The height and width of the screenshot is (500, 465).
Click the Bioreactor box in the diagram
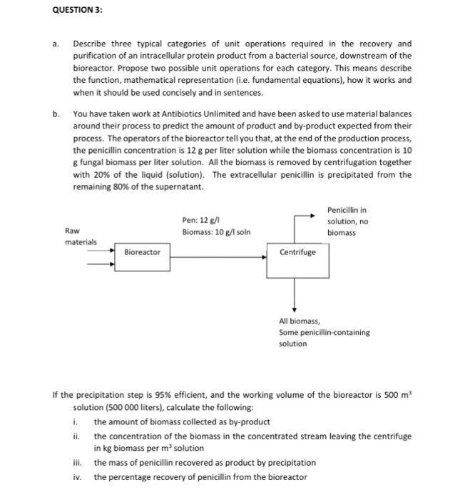pos(143,252)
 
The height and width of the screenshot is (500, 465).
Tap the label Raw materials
pos(78,236)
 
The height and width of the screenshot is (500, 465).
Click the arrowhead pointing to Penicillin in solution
pos(312,215)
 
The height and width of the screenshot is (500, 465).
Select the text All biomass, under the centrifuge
pos(300,321)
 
